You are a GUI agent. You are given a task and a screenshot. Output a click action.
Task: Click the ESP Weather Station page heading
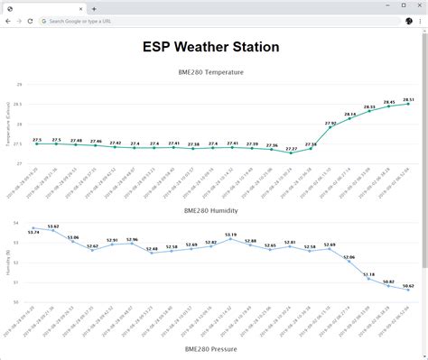tap(210, 47)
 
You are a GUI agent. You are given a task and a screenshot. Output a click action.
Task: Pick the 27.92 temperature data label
tap(330, 123)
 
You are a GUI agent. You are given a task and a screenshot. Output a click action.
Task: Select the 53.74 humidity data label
tap(33, 233)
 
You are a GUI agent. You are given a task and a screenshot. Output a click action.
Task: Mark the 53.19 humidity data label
tap(231, 235)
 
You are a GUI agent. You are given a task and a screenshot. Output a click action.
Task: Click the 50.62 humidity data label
tap(407, 285)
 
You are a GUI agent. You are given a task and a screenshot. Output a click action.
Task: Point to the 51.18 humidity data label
tap(369, 274)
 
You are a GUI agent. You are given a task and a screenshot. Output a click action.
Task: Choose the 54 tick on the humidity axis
tap(18, 222)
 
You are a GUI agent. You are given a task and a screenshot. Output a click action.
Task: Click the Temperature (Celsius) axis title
tap(8, 125)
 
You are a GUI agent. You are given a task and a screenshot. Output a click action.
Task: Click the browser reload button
tap(31, 20)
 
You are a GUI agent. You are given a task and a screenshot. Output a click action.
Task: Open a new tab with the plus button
tap(93, 7)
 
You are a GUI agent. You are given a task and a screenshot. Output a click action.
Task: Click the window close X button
tap(418, 6)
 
